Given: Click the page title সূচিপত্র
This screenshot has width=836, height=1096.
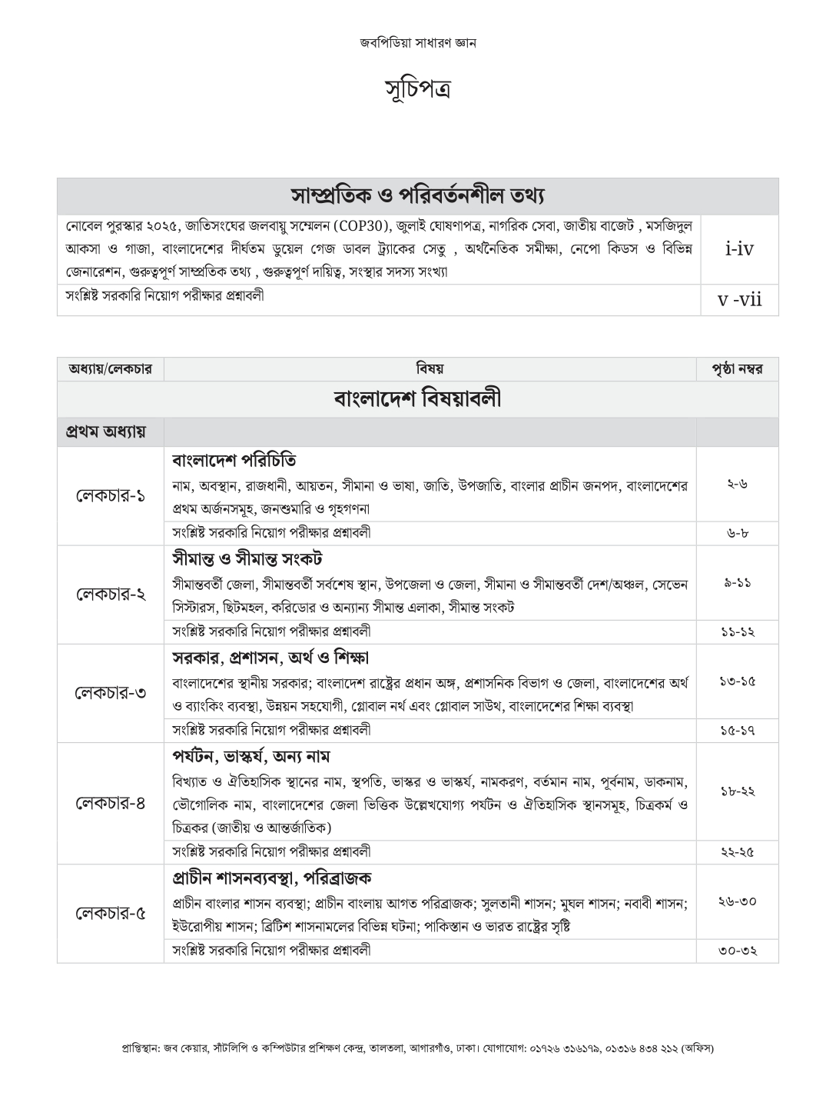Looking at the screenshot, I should coord(417,89).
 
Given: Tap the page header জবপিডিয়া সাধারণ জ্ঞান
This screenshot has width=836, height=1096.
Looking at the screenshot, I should coord(417,43).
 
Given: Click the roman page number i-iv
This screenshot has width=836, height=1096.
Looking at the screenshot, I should coord(739,248).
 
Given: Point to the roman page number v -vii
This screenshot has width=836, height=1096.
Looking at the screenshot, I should coord(739,299).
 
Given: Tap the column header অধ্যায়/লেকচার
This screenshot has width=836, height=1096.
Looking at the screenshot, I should coord(110,369).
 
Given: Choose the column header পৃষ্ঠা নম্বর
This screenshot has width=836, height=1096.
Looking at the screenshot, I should coord(737,369).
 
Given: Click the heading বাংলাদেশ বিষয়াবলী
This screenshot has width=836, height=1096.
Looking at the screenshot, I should coord(417,398).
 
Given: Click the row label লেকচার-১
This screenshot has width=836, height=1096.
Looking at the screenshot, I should coord(111,496).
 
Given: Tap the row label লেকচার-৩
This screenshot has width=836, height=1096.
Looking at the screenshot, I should coord(111,693).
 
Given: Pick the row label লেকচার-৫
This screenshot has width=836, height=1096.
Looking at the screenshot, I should coord(111,913).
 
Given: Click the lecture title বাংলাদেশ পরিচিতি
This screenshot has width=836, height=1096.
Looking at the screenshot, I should coord(234,460).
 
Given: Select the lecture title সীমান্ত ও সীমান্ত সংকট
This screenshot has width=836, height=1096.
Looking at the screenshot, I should coord(247,558).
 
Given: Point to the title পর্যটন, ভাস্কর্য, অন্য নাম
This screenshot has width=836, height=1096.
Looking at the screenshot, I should coord(251,757).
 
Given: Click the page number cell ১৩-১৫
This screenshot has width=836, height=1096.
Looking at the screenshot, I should coord(737,681).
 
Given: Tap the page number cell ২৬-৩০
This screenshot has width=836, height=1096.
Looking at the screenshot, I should coord(737,901).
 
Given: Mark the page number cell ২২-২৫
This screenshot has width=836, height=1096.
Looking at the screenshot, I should coord(737,851).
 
